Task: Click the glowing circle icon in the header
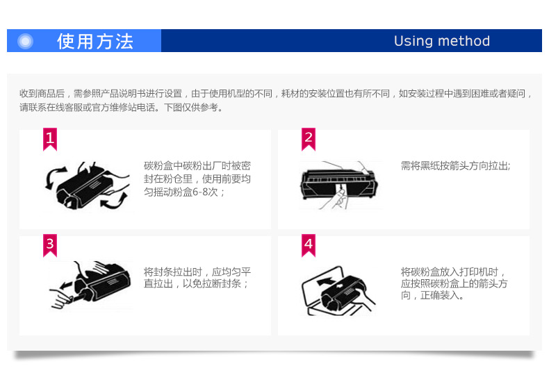coord(25,41)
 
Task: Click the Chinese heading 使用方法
coord(95,41)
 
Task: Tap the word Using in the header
coord(413,41)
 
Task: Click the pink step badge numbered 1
coord(50,139)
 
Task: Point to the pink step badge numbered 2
coord(309,139)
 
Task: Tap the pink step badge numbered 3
coord(50,245)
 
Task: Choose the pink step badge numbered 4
coord(309,245)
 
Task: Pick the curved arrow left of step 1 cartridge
coord(53,178)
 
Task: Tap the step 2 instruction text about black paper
coord(455,165)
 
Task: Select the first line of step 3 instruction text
coord(197,272)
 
